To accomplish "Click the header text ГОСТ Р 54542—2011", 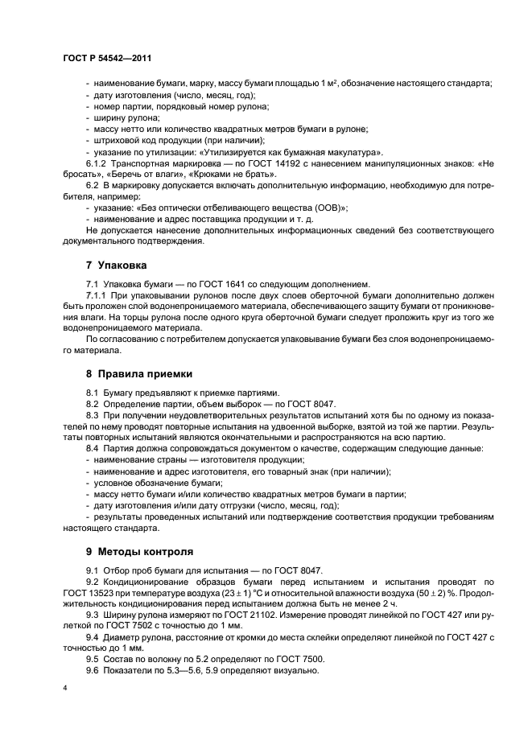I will [x=107, y=58].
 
